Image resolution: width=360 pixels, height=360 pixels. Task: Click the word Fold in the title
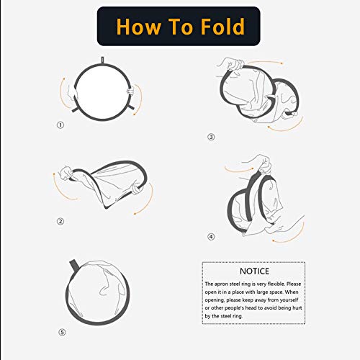222,27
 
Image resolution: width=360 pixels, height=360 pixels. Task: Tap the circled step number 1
60,125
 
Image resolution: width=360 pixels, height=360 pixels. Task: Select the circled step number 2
60,222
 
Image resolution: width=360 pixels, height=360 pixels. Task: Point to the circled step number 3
211,137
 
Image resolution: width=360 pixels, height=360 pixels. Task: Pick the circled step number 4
211,237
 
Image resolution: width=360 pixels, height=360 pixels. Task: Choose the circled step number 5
62,333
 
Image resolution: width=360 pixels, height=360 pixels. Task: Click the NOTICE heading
254,271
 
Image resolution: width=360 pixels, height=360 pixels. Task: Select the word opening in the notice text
215,300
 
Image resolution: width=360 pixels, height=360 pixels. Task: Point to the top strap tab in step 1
102,60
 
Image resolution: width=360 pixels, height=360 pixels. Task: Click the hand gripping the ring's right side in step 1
131,91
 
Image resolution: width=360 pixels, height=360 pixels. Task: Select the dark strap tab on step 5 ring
73,265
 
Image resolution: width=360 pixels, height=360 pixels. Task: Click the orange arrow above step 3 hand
264,61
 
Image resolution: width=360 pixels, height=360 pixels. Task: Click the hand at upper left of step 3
230,63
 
